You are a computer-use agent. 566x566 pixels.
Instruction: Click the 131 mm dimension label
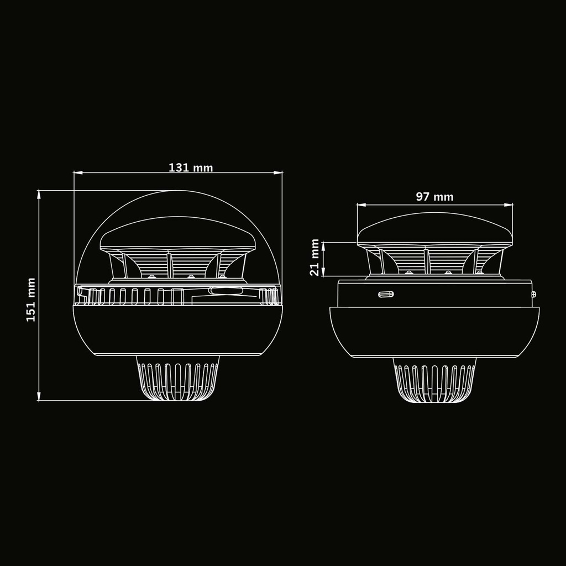tap(191, 167)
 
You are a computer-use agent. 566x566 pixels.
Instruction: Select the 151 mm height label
tap(31, 300)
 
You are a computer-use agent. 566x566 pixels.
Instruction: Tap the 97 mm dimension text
tap(434, 197)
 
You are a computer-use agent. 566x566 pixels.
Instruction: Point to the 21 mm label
tap(315, 258)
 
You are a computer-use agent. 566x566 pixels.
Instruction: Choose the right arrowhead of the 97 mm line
tap(509, 205)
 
